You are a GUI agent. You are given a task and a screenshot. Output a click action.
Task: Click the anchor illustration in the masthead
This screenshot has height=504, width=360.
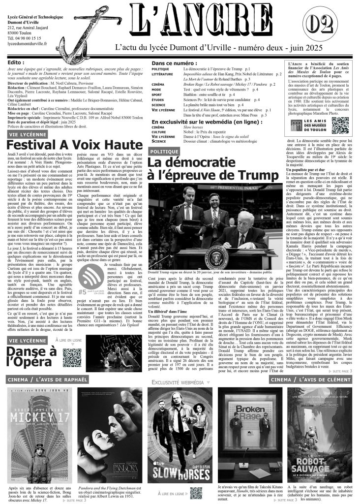coord(86,29)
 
